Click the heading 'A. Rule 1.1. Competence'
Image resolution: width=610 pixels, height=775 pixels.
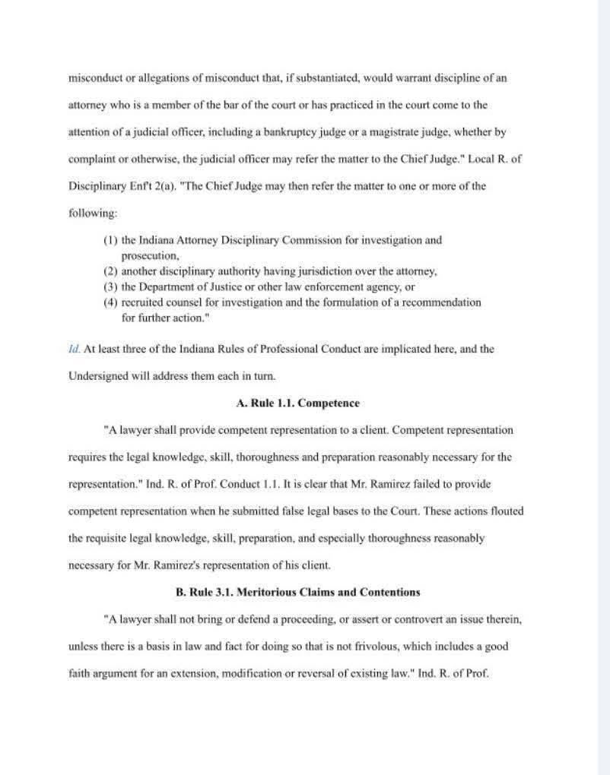(297, 403)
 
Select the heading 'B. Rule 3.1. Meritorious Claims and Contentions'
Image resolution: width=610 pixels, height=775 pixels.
(297, 592)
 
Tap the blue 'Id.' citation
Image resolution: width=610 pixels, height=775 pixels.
(73, 350)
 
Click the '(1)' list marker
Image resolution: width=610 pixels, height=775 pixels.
(110, 240)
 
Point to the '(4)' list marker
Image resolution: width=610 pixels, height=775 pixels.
(110, 302)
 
